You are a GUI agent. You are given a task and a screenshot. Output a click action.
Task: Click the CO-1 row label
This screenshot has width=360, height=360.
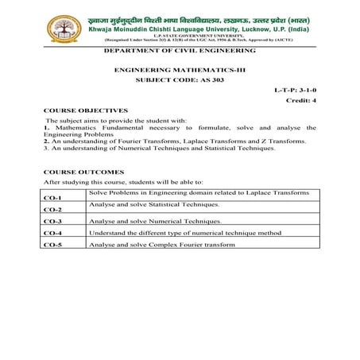point(52,198)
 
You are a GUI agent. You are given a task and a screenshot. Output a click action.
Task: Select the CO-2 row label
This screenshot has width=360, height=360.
point(52,210)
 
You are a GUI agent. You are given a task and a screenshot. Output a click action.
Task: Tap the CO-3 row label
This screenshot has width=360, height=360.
point(52,222)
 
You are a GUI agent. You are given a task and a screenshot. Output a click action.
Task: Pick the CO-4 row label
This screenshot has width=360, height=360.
point(52,234)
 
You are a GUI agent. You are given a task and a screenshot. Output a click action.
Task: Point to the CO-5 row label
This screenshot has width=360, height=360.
point(52,246)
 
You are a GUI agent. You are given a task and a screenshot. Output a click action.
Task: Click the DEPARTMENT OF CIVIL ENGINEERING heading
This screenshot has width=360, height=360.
point(180,50)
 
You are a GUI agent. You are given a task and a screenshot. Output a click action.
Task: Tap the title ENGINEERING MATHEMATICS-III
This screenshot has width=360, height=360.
point(180,71)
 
